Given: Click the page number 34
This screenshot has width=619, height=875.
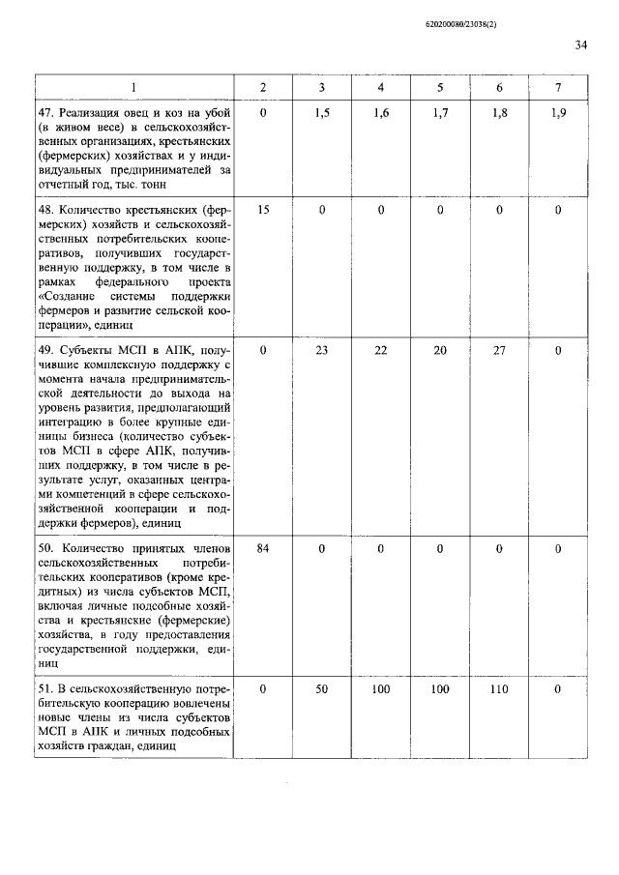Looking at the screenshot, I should coord(581,44).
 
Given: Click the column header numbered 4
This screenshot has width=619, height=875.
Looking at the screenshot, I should coord(381,88).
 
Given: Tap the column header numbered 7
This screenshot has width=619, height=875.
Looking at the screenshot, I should coord(558,88).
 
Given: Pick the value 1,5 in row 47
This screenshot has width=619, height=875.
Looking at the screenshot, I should coord(323,113).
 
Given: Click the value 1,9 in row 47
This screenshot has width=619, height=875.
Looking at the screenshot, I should coord(558,113).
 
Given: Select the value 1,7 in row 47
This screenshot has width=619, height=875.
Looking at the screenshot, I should coord(440,113).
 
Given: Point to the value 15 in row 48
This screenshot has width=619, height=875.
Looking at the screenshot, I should coord(264,209).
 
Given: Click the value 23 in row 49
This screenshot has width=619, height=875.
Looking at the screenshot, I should coord(323,350).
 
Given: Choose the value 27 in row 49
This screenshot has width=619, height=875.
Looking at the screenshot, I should coord(499,350).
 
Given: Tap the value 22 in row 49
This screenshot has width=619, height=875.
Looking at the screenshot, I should coord(381,350).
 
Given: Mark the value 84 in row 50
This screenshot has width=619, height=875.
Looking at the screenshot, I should coord(264,548).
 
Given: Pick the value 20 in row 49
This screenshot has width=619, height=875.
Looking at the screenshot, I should coord(440,350).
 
